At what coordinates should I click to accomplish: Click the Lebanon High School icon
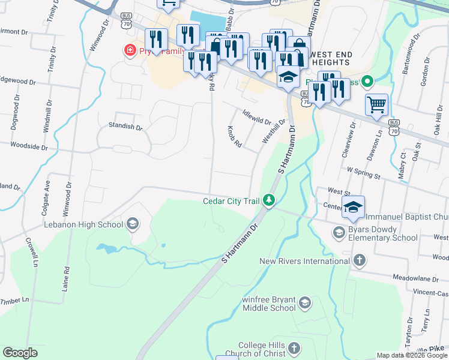[x=132, y=224]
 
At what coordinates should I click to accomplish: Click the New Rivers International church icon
[x=359, y=260]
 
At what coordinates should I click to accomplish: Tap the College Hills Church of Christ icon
[x=294, y=349]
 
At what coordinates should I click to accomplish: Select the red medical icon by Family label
[x=129, y=50]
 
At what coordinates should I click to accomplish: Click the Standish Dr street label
[x=125, y=127]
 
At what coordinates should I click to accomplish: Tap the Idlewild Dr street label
[x=257, y=116]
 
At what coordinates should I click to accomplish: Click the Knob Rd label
[x=234, y=137]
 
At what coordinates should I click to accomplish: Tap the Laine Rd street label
[x=66, y=278]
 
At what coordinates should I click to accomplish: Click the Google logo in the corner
[x=20, y=352]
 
